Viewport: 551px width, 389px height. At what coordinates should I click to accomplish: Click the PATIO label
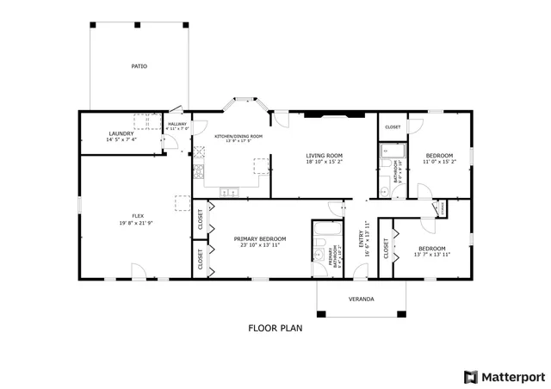click(139, 65)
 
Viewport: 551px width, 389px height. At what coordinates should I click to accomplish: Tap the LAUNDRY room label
click(121, 133)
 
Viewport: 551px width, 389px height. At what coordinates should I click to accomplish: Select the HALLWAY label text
click(177, 124)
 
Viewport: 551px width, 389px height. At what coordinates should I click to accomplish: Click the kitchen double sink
click(228, 192)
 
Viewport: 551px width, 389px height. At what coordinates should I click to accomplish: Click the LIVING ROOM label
click(324, 156)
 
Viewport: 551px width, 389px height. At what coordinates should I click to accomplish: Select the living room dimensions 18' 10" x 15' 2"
click(324, 162)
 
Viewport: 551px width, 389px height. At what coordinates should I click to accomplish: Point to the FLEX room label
click(137, 215)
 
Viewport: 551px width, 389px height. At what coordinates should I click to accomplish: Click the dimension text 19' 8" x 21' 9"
click(137, 222)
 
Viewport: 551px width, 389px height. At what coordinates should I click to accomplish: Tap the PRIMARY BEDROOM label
click(260, 238)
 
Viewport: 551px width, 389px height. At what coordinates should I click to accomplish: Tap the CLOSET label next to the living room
click(393, 127)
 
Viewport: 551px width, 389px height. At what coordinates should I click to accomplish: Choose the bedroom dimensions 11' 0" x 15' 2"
click(438, 162)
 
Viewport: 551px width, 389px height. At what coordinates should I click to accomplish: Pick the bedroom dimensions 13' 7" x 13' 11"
click(432, 255)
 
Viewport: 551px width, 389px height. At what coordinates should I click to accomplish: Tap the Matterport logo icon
click(469, 376)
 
